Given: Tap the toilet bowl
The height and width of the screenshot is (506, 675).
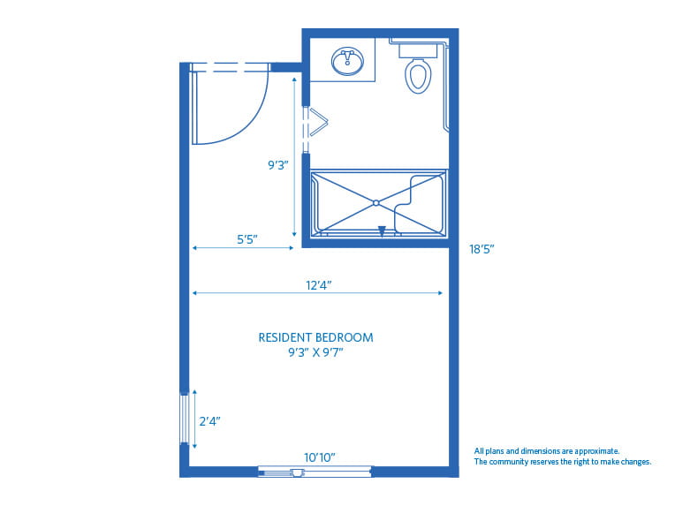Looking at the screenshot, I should coord(418,76).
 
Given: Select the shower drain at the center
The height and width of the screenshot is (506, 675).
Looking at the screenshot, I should coord(376,203).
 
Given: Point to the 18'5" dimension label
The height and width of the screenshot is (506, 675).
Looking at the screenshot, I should coord(482,250).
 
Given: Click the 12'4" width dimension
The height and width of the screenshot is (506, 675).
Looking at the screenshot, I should coord(319,284).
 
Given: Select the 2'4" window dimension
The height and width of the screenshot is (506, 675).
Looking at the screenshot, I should coord(208,421).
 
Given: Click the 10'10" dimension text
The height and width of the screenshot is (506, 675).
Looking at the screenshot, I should coord(320,457).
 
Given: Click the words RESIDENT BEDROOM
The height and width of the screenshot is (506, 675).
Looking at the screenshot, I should coord(315,337).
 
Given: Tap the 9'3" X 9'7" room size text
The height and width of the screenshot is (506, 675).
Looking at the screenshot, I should coord(315,352).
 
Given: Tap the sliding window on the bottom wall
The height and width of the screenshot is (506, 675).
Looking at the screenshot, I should coord(315,472).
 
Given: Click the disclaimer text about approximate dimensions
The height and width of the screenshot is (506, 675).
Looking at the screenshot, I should coord(562,456).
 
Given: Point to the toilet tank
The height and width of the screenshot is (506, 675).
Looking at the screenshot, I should coord(418,49).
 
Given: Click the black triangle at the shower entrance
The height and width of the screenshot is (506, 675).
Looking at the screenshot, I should coord(382,231).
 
